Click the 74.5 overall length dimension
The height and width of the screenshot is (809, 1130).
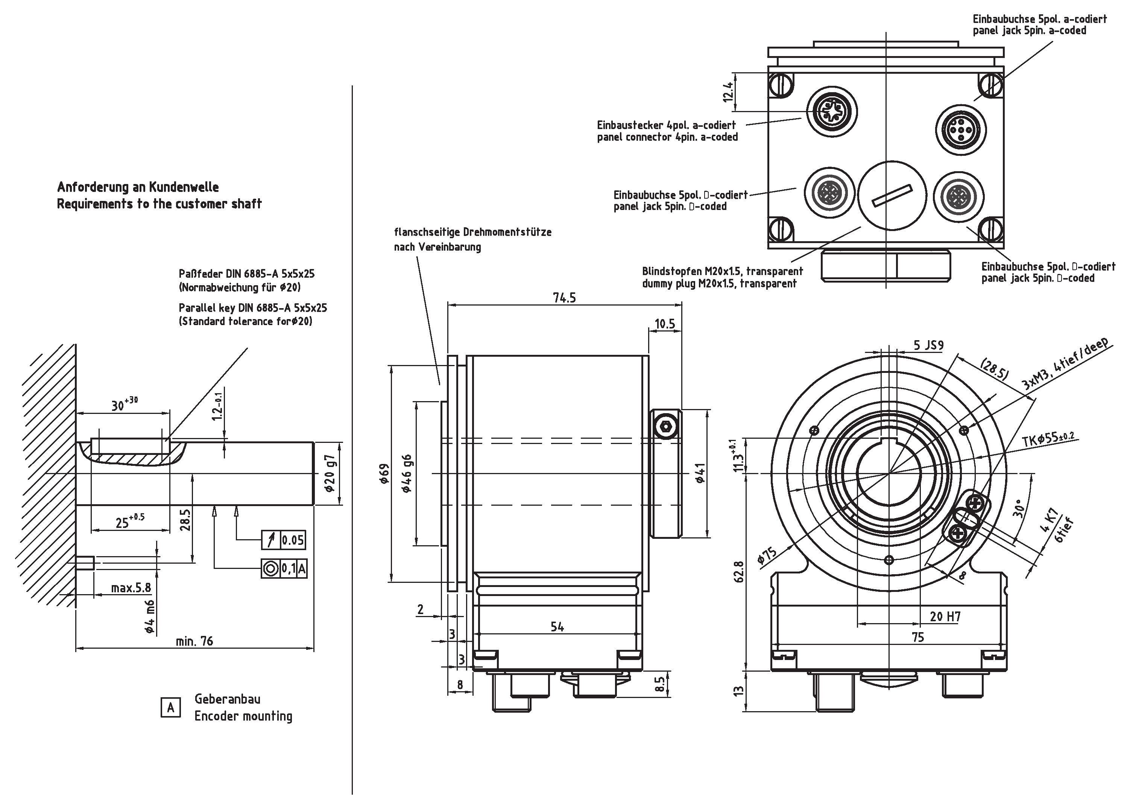564,298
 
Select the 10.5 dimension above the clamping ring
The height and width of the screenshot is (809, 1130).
664,324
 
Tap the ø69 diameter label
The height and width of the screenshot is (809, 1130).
383,474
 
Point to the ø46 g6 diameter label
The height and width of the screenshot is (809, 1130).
407,473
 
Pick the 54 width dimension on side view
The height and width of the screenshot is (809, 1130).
557,627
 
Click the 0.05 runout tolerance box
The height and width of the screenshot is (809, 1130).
292,540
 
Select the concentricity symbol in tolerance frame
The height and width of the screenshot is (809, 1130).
270,569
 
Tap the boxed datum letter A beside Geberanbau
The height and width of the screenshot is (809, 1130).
170,707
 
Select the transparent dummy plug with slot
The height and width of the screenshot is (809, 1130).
892,195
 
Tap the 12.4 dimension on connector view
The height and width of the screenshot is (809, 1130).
728,92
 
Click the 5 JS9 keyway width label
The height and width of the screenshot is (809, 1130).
928,345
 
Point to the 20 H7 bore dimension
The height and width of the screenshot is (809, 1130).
945,617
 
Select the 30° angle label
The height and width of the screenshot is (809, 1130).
1019,509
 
